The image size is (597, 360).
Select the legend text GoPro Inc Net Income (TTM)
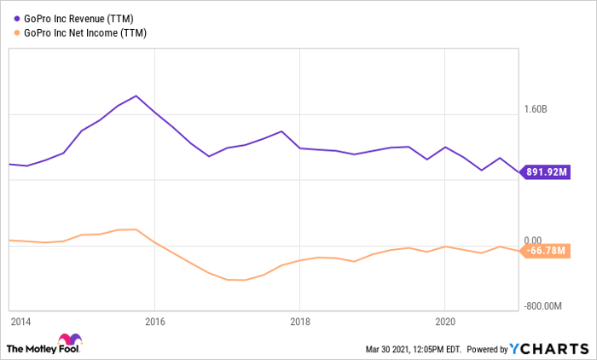coord(83,33)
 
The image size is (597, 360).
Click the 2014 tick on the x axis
coord(20,322)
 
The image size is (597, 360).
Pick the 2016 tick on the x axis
coord(154,322)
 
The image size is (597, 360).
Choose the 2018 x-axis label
coord(299,322)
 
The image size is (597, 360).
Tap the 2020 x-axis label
coord(444,322)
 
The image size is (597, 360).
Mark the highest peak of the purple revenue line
coord(136,96)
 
